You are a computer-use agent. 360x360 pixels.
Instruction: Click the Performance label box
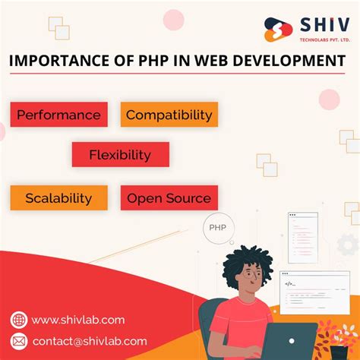click(x=58, y=115)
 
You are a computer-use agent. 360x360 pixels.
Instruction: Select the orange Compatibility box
click(x=169, y=115)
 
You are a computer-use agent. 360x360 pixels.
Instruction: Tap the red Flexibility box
click(x=120, y=155)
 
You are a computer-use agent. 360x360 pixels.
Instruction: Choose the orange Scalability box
click(x=58, y=198)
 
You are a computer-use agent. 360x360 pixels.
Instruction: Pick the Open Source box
click(x=169, y=198)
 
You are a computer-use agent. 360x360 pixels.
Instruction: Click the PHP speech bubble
click(x=217, y=227)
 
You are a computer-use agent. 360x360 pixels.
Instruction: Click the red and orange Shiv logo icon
click(x=279, y=29)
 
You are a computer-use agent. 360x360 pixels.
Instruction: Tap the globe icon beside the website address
click(x=19, y=320)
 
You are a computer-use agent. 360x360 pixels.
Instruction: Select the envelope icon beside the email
click(x=19, y=341)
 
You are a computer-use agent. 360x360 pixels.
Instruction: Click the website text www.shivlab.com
click(x=78, y=320)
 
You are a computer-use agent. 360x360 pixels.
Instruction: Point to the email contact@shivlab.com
click(x=90, y=341)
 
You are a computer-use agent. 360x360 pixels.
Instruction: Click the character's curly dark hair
click(x=248, y=266)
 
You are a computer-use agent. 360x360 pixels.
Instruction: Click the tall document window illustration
click(x=302, y=237)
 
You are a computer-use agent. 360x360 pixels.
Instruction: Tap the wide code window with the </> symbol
click(x=314, y=288)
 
